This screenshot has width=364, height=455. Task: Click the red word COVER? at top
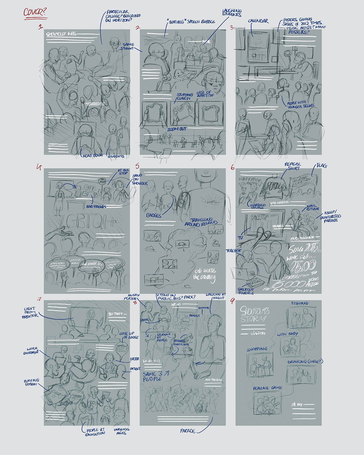coord(35,12)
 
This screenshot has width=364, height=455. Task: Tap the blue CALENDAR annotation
coord(258,21)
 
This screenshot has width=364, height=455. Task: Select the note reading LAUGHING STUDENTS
coord(232,13)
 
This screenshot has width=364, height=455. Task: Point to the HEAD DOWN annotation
coord(93,156)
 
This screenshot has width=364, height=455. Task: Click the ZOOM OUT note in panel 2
coord(177,129)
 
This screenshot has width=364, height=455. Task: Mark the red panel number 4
coord(39,166)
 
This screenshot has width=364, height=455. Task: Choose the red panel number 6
coord(233,168)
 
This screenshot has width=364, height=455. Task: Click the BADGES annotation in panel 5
coord(154,215)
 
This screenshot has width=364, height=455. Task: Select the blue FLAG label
coord(322,166)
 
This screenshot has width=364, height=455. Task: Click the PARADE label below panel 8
coord(188,431)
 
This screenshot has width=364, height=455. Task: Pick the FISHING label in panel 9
coord(300,303)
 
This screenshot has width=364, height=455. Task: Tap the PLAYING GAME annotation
coord(268,388)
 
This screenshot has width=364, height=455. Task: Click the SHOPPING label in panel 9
coord(257,350)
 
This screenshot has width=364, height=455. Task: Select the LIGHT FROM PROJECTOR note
coord(30,312)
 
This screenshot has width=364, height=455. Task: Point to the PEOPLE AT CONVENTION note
coord(95,432)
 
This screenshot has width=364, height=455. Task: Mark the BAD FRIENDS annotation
coord(96,207)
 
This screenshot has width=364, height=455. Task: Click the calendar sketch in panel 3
coord(258,47)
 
